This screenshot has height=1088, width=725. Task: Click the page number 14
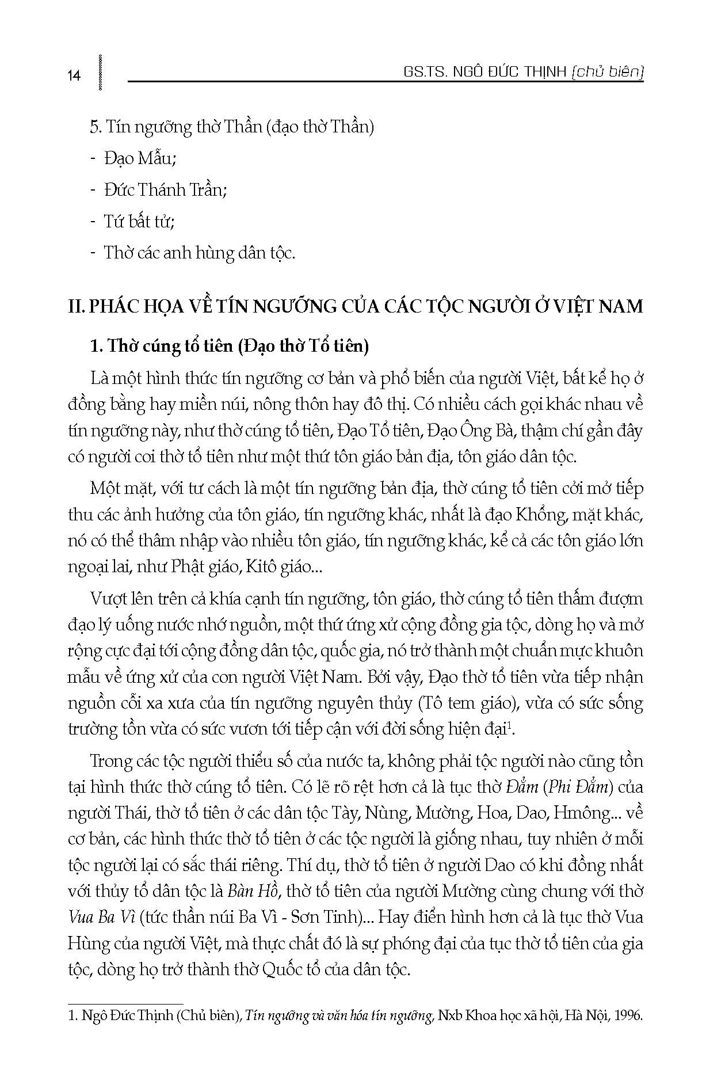(x=74, y=75)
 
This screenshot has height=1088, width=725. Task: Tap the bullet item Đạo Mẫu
(x=138, y=158)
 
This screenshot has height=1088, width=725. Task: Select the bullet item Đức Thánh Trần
(x=165, y=190)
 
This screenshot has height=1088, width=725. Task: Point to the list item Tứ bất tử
(x=139, y=222)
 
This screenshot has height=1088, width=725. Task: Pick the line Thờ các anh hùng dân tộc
(x=199, y=253)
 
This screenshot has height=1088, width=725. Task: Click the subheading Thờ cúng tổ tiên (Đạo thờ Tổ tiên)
(x=230, y=346)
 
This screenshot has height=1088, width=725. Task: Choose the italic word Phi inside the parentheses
(x=558, y=786)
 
